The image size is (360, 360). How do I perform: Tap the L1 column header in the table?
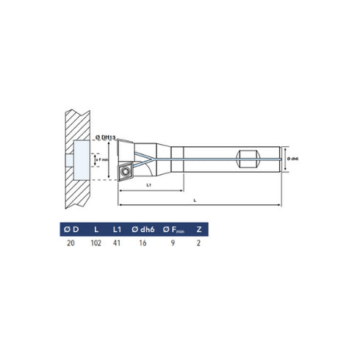[118, 231]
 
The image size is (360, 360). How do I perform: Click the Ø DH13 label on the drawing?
[108, 137]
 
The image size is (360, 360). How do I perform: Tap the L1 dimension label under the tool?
[148, 185]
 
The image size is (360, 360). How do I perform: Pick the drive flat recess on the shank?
[248, 156]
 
